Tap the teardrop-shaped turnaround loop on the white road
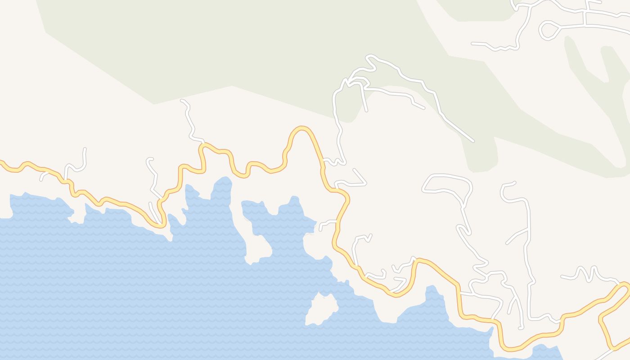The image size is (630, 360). [549, 31]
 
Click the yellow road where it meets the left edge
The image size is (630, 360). [1, 162]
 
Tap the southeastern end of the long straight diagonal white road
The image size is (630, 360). [472, 141]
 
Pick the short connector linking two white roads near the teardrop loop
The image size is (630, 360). [584, 18]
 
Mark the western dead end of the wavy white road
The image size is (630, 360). [473, 44]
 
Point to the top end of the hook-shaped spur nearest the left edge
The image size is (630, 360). [85, 149]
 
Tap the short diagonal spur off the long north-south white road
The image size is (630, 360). [517, 237]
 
